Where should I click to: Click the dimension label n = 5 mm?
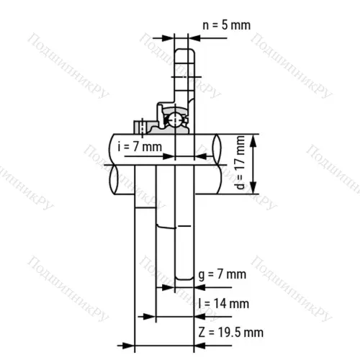(227, 25)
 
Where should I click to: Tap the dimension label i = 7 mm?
(140, 147)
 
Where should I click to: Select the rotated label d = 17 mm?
(240, 163)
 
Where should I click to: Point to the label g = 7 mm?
(222, 274)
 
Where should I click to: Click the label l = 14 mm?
(224, 303)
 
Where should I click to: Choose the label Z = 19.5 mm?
(230, 333)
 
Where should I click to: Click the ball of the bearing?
(175, 120)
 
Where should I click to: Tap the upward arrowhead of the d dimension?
(253, 141)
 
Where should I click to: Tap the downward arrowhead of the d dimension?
(253, 188)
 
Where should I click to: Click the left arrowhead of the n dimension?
(168, 38)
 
